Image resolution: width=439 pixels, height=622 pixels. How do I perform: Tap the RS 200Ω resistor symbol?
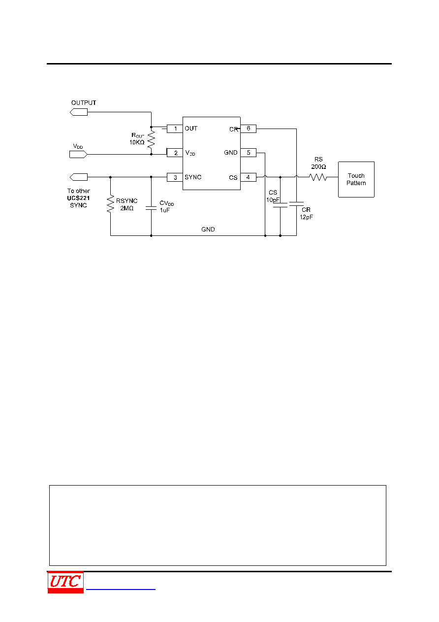pos(318,177)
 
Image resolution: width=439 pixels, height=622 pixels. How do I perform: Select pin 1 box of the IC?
pos(175,129)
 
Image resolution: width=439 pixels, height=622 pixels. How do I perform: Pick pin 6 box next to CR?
pos(248,129)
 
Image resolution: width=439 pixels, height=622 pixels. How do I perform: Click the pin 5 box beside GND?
pos(248,153)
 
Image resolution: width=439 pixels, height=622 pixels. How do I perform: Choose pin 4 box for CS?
pos(248,177)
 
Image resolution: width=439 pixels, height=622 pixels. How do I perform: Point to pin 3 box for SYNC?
pos(175,177)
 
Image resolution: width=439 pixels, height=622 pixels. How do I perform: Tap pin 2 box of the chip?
pos(175,153)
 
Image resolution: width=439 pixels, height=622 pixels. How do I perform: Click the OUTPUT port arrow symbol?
pos(79,112)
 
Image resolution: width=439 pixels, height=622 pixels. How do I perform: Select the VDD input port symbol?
pos(79,154)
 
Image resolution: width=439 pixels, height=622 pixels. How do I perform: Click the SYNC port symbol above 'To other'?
pos(79,177)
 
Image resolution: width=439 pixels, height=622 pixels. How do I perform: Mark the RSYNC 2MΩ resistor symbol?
pos(110,204)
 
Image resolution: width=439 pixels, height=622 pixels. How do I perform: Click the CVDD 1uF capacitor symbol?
pos(151,208)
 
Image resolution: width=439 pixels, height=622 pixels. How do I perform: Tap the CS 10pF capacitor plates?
pos(280,205)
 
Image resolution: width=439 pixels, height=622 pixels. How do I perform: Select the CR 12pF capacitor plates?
pos(296,204)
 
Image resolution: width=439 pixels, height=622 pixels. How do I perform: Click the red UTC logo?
pos(65,582)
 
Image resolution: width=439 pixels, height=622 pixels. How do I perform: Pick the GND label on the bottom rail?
pos(208,229)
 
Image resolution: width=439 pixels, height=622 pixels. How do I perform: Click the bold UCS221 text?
pos(78,198)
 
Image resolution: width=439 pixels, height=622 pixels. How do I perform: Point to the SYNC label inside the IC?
pos(193,177)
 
